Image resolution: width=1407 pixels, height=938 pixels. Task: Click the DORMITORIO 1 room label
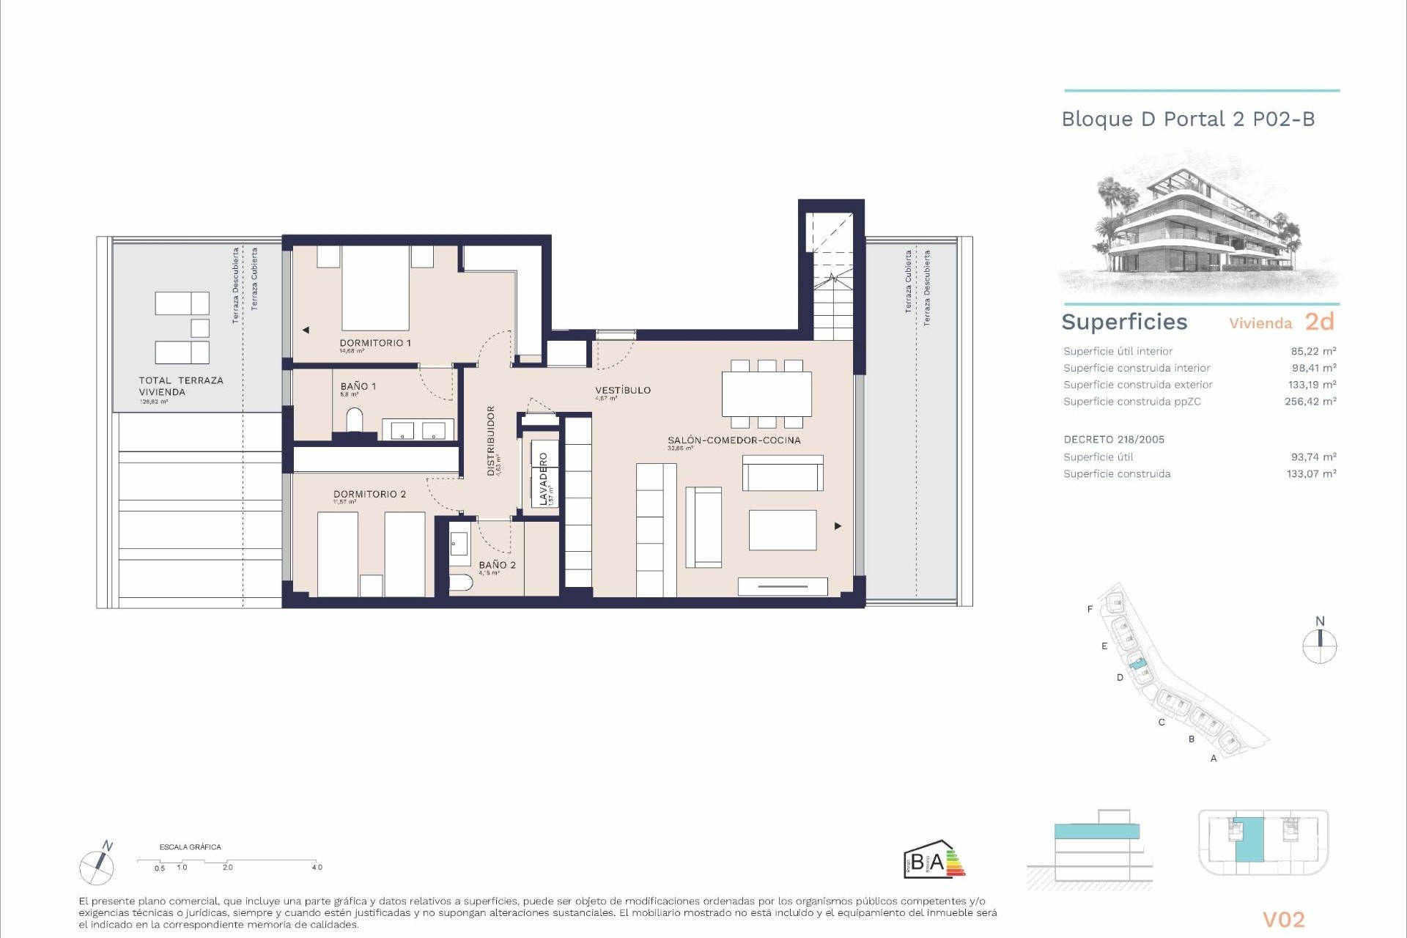click(x=374, y=343)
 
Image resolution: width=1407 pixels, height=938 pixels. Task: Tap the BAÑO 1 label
click(x=358, y=386)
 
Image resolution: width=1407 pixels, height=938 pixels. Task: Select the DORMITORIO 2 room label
click(x=369, y=494)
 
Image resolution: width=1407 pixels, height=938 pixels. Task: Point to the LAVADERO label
click(x=543, y=479)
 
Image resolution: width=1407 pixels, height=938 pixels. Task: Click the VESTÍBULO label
click(x=622, y=390)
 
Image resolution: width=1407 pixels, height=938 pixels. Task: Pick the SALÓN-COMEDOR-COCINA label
click(x=734, y=440)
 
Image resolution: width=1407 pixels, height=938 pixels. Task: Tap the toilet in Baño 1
click(x=354, y=421)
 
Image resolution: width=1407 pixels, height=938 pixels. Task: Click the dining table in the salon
click(x=767, y=394)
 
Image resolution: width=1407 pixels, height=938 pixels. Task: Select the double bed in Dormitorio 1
click(x=375, y=288)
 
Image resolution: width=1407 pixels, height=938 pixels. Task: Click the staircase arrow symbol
click(x=832, y=278)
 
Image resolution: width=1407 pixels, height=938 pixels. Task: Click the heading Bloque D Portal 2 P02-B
click(x=1188, y=119)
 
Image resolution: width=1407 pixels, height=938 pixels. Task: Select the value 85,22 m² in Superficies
click(x=1313, y=351)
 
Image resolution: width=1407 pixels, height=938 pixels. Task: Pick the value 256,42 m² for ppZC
click(x=1310, y=402)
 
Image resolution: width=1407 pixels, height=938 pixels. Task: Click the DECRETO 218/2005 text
click(x=1113, y=440)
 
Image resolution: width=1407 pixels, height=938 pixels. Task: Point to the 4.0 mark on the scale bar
click(x=317, y=867)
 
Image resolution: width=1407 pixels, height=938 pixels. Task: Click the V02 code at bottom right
click(x=1283, y=919)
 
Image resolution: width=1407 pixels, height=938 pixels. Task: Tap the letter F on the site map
click(x=1090, y=609)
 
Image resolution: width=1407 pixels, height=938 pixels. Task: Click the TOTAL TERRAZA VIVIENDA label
click(x=180, y=386)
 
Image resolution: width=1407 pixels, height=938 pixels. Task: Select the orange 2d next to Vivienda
click(x=1319, y=322)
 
